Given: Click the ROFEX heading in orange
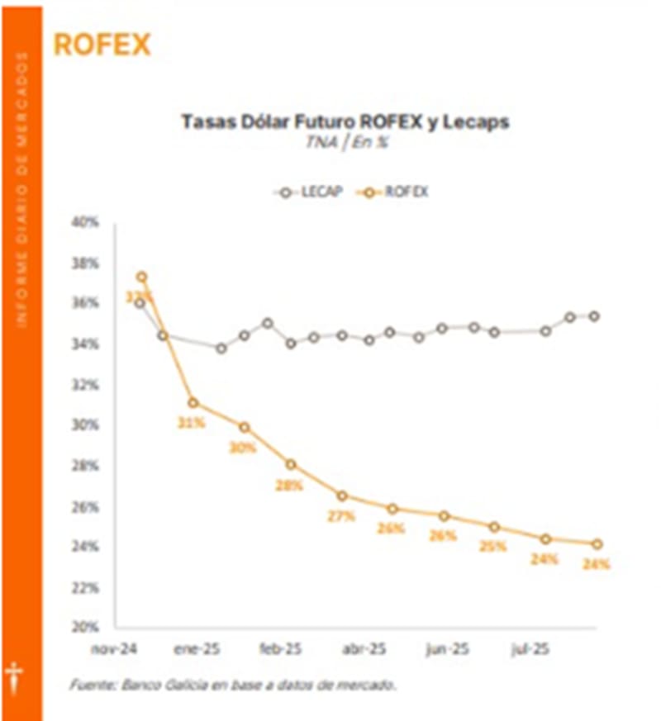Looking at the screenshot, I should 102,44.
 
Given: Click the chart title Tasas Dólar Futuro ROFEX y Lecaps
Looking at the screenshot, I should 345,122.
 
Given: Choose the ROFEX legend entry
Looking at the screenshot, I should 396,192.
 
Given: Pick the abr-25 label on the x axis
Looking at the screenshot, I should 364,650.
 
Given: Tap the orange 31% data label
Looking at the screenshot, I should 191,423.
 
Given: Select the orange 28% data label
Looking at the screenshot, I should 290,486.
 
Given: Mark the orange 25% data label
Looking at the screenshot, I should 493,546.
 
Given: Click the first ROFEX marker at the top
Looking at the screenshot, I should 141,277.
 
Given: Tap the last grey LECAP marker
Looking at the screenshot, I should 594,316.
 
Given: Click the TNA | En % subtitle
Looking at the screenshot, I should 345,141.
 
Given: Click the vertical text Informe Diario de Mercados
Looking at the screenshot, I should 22,190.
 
